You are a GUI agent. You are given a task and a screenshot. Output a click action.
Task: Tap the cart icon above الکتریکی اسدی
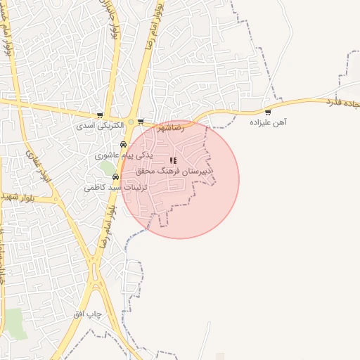coord(100,115)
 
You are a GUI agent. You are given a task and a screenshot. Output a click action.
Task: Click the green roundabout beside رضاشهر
coord(131,122)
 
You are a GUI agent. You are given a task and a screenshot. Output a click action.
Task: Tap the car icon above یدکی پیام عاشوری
coord(124,144)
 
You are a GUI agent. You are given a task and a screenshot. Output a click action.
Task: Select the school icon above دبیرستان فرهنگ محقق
coord(174,161)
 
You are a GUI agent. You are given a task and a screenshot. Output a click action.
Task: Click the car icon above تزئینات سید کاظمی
coord(115,177)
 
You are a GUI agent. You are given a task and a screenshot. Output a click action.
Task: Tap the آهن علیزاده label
coord(269,122)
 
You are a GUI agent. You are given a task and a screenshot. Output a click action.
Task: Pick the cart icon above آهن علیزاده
coord(268,112)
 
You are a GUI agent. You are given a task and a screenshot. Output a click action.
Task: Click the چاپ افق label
coord(89,314)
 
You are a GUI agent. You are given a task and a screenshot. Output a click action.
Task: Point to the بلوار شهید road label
coord(18,195)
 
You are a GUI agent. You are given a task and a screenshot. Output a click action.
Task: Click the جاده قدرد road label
coord(340,104)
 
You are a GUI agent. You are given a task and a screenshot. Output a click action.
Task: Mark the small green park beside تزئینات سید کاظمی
coord(107,169)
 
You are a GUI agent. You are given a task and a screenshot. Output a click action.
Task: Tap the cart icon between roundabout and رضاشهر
coord(141,122)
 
